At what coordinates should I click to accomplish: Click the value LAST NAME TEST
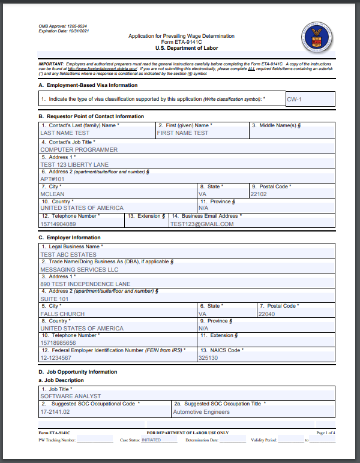pos(65,133)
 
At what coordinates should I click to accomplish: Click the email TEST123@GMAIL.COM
pos(202,224)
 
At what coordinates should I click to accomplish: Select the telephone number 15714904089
pos(58,224)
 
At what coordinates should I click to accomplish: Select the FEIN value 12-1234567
pos(56,357)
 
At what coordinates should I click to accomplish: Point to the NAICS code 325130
pos(208,357)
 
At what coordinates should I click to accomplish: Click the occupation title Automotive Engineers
pos(201,412)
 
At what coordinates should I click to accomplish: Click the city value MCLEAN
pos(52,194)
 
